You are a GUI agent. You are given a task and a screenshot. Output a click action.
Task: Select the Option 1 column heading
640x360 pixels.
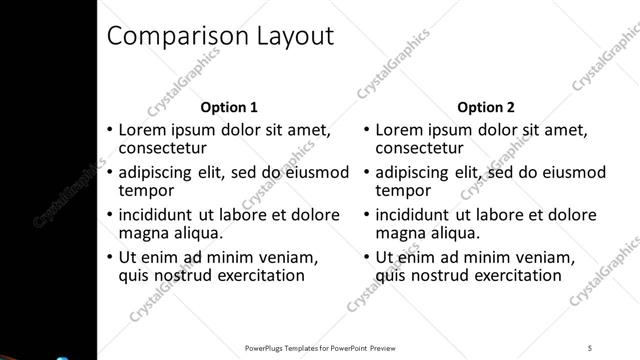tap(229, 107)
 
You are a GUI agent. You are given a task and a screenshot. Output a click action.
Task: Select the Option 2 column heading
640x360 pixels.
tap(485, 107)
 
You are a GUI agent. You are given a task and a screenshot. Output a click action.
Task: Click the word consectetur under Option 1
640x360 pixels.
tap(162, 148)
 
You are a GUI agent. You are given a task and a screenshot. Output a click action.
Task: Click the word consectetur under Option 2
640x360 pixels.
tap(418, 148)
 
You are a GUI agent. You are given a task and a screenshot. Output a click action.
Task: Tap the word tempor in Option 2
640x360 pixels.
tap(402, 190)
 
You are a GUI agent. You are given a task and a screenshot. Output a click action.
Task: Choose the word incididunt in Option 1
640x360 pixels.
tap(160, 215)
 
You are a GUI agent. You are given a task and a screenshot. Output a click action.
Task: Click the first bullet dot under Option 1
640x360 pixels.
tap(109, 131)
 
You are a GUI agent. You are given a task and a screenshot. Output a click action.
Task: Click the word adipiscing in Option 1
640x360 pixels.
tap(161, 172)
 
